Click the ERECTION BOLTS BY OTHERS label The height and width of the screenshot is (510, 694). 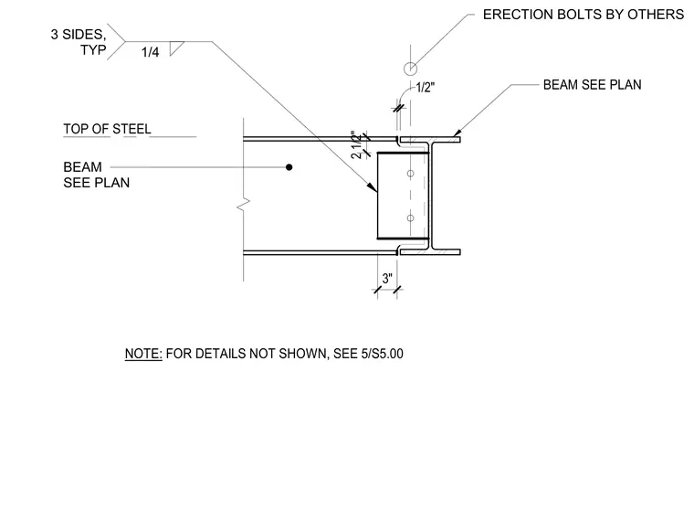coord(583,15)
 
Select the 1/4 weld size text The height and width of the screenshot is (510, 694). coord(150,52)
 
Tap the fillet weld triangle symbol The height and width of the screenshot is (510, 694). coord(175,48)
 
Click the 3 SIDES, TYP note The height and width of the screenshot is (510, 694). coord(79,42)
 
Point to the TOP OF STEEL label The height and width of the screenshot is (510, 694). coord(107,129)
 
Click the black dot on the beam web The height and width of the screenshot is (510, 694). coord(289,167)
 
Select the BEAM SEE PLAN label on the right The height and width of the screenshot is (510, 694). coord(593,85)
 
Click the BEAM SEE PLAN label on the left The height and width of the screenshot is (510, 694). coord(97,175)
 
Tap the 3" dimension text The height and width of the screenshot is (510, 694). coord(387,279)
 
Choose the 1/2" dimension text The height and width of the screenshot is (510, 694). coord(426,88)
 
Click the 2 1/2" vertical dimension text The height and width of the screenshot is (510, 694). coord(356,145)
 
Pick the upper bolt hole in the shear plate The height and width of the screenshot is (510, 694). coord(410,174)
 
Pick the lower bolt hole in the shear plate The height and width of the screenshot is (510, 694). coord(410,218)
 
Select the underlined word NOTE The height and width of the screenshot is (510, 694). coord(143,354)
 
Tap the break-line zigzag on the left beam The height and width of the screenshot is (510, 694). coord(244,204)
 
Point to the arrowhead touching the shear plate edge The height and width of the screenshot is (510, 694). coord(373,187)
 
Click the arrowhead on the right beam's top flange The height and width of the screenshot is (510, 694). coord(457,133)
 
